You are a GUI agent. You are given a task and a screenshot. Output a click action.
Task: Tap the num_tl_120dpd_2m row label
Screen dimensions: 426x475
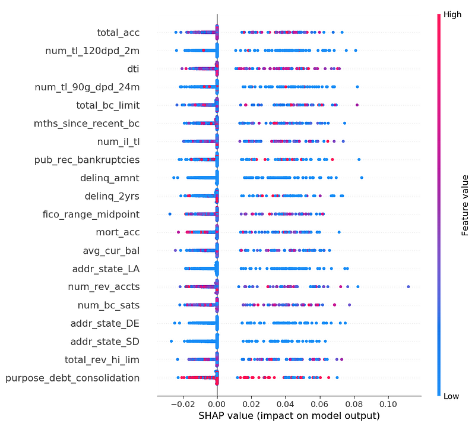pos(93,51)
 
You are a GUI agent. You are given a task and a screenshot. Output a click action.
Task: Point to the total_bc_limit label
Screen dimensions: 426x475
pos(107,105)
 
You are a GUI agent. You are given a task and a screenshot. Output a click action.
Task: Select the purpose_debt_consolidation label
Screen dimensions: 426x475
pos(72,378)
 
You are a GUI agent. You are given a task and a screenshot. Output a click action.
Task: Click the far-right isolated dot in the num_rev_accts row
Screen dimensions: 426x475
pos(408,287)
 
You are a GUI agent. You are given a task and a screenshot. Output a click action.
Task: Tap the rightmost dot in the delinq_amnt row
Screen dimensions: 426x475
pos(362,178)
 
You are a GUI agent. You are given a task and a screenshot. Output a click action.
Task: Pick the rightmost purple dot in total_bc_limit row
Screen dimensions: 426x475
pos(357,105)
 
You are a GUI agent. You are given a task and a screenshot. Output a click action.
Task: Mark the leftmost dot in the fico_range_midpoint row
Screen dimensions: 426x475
pos(170,214)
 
